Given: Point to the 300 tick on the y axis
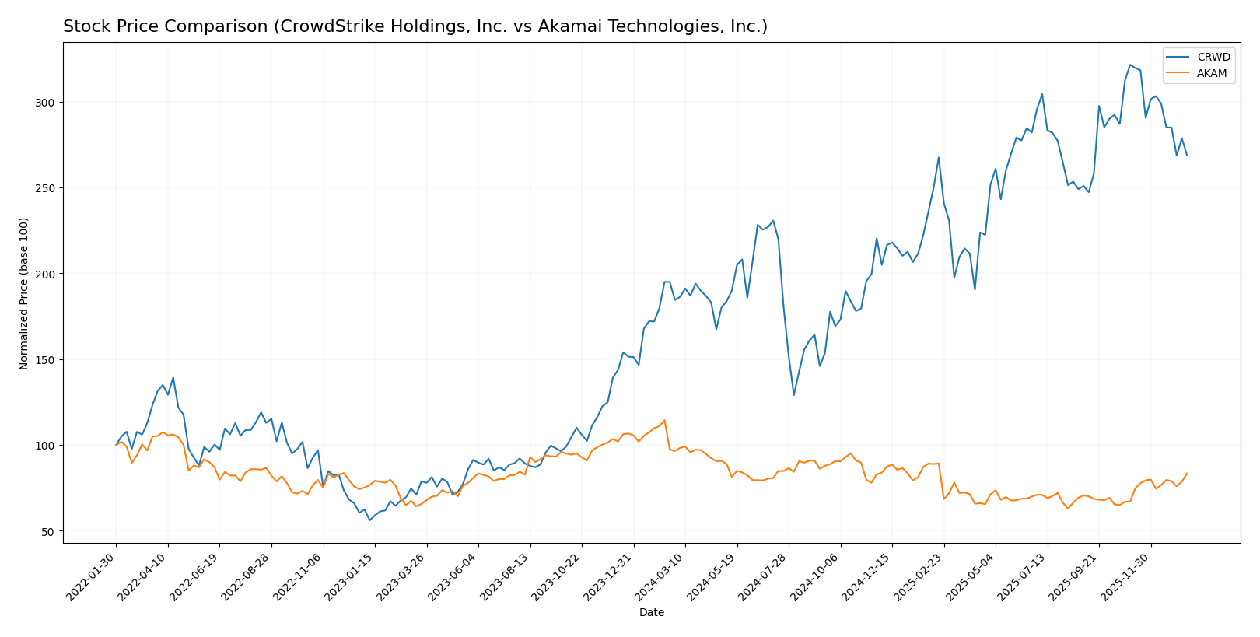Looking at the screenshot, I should [x=46, y=103].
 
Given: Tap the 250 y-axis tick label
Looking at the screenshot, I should [x=46, y=188].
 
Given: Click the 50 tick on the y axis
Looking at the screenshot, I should [x=49, y=532].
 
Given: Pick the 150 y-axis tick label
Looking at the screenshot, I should [x=46, y=360].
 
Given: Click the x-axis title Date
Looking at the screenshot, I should [x=652, y=613].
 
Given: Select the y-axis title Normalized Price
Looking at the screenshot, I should [x=24, y=293].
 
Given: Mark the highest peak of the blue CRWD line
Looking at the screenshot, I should [x=1130, y=65].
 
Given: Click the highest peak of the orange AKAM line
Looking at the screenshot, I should [x=664, y=421].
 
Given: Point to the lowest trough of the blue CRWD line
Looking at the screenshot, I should [x=369, y=520].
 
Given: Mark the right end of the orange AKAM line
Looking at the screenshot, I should [x=1187, y=473].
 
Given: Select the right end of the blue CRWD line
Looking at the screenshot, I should [x=1187, y=156].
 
